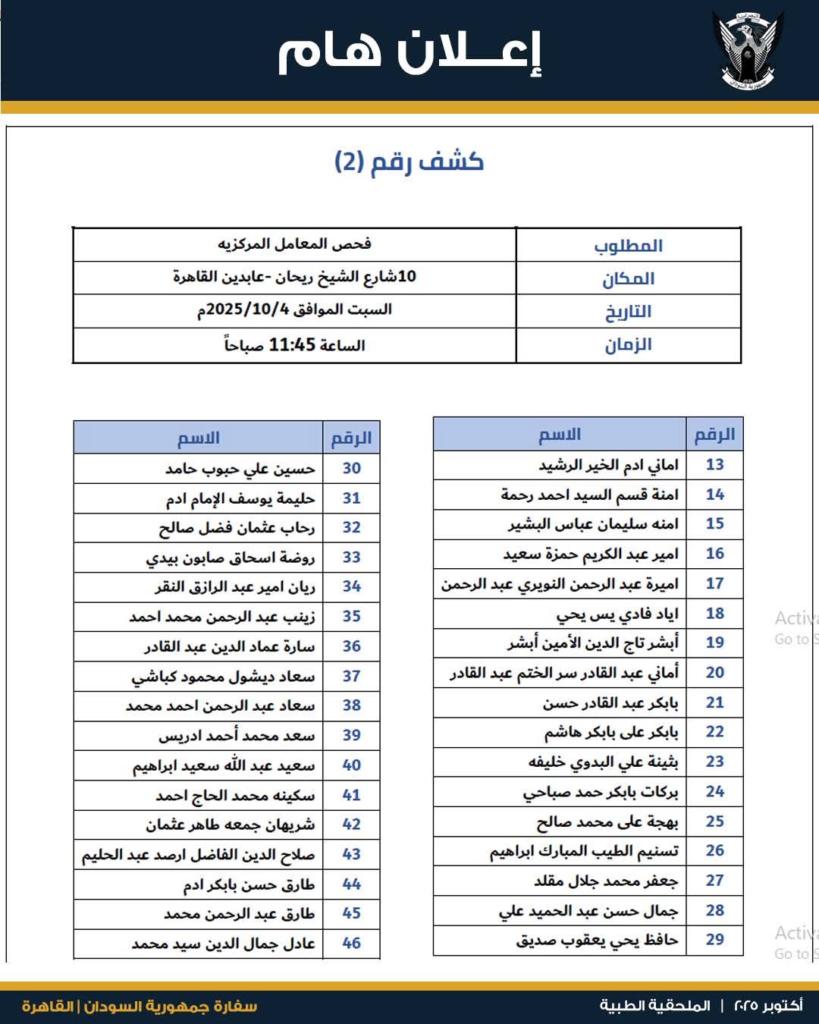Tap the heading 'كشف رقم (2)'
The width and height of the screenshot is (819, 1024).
(409, 162)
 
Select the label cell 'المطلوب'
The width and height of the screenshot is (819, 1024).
(628, 246)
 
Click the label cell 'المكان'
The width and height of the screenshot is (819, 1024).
(628, 279)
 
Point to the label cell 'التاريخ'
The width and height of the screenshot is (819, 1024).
(628, 312)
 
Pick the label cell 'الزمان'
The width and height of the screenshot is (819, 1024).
(628, 345)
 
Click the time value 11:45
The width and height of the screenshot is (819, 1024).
(292, 345)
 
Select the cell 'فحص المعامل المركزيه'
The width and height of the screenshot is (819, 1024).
(294, 244)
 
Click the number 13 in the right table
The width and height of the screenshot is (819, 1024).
(714, 464)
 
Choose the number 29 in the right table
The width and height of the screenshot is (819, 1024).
(714, 940)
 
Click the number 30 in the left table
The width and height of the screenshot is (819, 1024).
(351, 469)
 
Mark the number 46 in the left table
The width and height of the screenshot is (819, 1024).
(351, 944)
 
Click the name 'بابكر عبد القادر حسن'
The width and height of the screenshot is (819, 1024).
(610, 703)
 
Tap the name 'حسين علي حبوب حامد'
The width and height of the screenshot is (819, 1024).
(240, 470)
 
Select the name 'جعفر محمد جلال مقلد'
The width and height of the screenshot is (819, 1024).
(605, 881)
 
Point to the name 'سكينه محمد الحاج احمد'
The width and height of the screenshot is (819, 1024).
(235, 796)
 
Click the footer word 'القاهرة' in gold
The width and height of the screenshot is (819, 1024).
(48, 1007)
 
